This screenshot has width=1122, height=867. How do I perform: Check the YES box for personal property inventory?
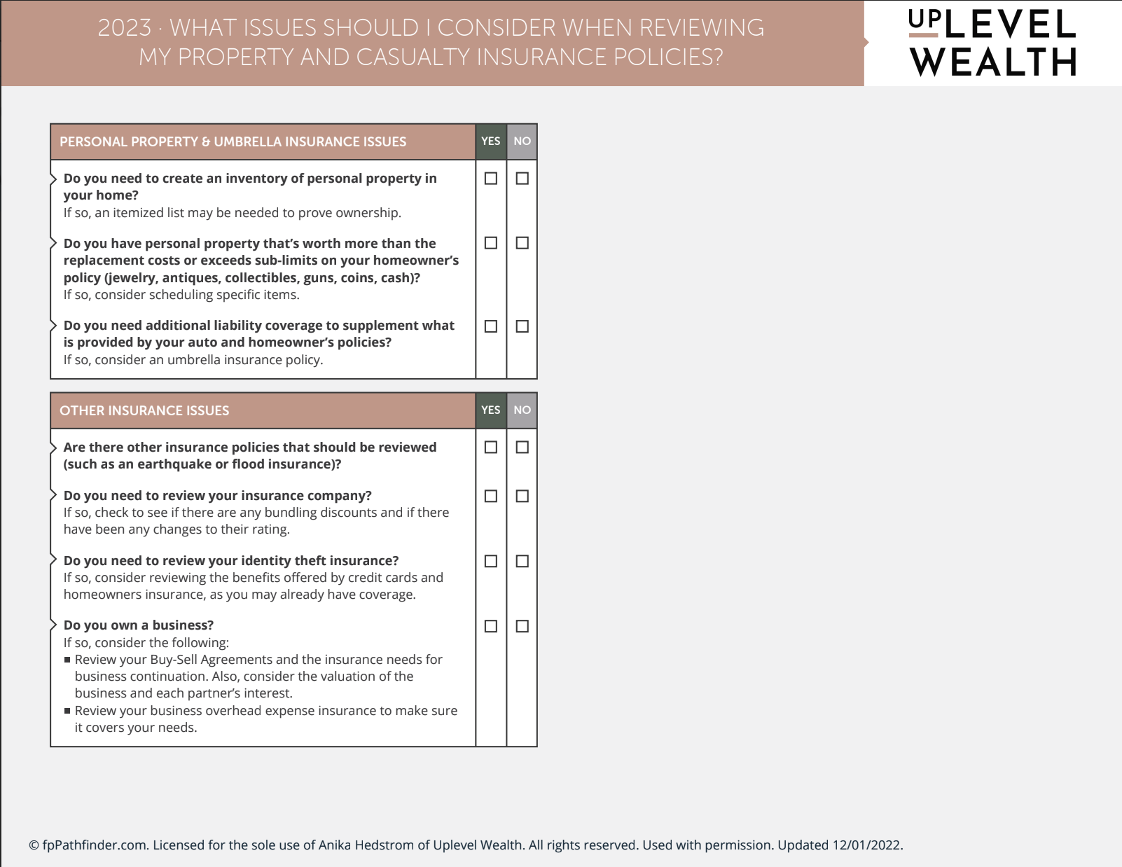491,179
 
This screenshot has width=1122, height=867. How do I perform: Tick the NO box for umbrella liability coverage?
522,326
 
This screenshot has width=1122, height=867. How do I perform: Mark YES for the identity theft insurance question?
491,561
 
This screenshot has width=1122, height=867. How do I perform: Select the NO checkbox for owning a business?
522,626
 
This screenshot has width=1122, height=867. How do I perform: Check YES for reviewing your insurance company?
491,496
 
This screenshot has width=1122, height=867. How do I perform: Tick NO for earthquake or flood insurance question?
522,447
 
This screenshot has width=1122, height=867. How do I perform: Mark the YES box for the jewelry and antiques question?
491,243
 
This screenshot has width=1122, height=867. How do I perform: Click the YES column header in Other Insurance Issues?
491,410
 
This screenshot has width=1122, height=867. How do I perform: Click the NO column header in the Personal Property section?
522,141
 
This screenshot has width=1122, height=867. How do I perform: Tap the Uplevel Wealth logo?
992,43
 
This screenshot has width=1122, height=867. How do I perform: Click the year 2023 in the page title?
125,28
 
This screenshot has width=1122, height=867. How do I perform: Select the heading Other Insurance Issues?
144,411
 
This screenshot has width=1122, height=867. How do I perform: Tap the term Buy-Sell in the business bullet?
174,660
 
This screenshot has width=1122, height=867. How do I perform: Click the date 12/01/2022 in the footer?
866,845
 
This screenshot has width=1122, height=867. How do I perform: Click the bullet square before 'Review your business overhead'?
67,711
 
